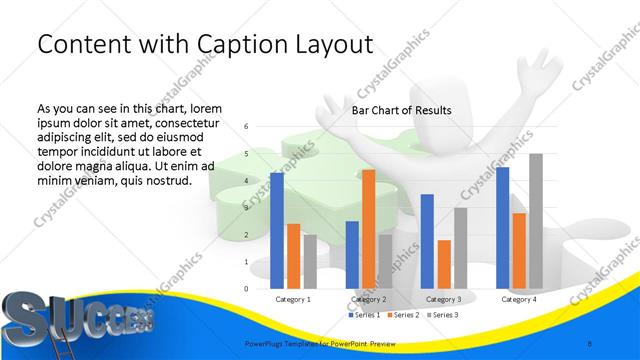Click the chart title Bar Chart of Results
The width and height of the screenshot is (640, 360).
point(400,110)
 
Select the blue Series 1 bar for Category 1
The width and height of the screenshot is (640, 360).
point(277,230)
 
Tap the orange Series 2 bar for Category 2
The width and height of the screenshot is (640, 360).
point(368,229)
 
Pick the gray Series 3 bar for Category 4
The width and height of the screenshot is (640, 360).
point(536,221)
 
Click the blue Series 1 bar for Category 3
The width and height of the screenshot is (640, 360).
point(427,241)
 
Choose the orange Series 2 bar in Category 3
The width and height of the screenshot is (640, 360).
point(444,264)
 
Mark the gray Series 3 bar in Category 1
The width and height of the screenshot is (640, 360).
point(310,261)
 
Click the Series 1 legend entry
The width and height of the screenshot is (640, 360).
point(366,315)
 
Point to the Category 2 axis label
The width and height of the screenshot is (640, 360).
point(368,299)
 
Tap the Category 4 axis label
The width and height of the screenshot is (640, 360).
point(518,299)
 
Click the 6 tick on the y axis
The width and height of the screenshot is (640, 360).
point(247,127)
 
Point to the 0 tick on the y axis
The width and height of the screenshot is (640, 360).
point(247,289)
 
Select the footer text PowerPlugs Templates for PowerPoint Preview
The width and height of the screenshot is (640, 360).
point(320,343)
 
